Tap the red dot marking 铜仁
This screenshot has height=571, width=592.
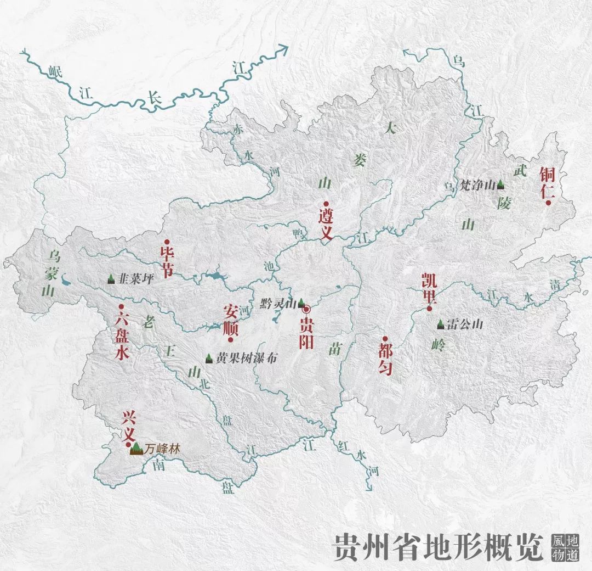pos(547,203)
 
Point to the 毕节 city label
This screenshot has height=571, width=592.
pos(166,260)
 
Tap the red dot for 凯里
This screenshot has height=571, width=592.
pos(430,309)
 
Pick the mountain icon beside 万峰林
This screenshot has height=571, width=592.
pos(136,449)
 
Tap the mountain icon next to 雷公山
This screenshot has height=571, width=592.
pos(440,324)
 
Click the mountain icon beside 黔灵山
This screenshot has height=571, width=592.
pos(301,302)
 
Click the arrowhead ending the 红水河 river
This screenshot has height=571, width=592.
pos(369,487)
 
